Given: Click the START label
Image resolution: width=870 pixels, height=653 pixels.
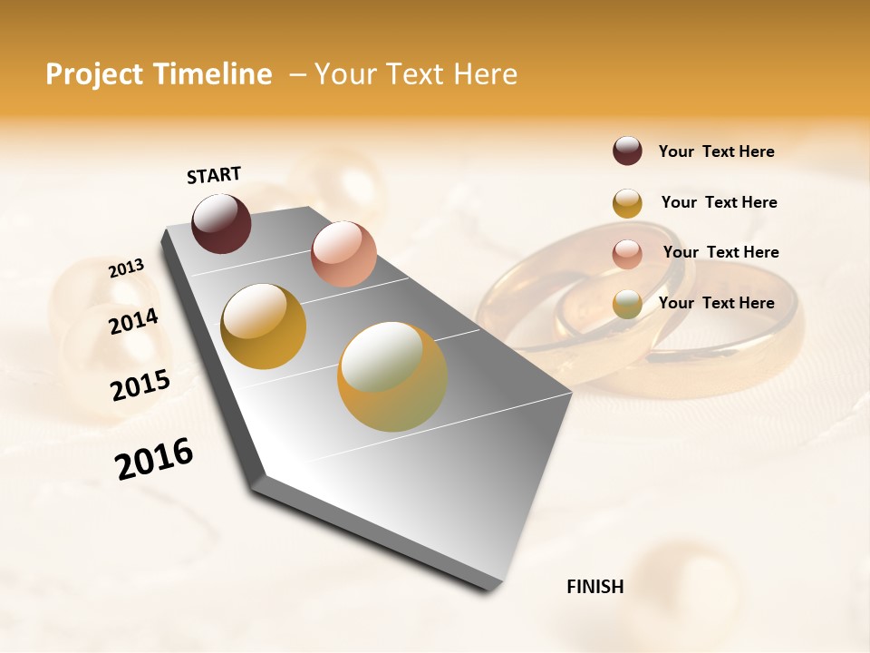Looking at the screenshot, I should click(x=214, y=175).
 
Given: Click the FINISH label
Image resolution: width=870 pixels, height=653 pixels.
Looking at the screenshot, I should click(x=595, y=587).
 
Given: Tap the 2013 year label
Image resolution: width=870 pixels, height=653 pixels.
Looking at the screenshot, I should click(x=126, y=268).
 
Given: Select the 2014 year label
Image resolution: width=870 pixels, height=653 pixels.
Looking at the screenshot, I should click(x=134, y=322).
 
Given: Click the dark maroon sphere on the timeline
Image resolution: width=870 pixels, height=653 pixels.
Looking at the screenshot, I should click(x=222, y=223).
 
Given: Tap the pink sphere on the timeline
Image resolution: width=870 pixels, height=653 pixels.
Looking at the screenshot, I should click(x=343, y=254).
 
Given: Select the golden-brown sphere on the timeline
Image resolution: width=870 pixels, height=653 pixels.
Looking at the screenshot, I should click(x=263, y=326).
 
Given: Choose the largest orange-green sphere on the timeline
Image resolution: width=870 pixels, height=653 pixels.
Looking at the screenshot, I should click(x=392, y=376).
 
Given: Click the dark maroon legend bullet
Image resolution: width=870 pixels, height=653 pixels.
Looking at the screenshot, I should click(x=627, y=151).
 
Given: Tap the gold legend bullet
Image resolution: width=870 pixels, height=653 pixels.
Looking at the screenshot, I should click(x=627, y=203).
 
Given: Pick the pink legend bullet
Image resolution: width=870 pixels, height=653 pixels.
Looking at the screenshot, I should click(x=627, y=253).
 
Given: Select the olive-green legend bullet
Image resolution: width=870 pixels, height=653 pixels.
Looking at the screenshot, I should click(x=627, y=304).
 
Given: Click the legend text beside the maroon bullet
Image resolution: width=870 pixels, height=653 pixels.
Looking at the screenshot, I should click(x=717, y=151).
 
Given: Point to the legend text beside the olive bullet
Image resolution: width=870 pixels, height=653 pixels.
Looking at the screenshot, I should click(x=717, y=303).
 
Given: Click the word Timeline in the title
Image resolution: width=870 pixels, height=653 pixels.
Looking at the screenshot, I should click(x=214, y=74).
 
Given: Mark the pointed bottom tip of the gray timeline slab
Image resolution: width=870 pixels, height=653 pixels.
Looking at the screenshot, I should click(x=493, y=589).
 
